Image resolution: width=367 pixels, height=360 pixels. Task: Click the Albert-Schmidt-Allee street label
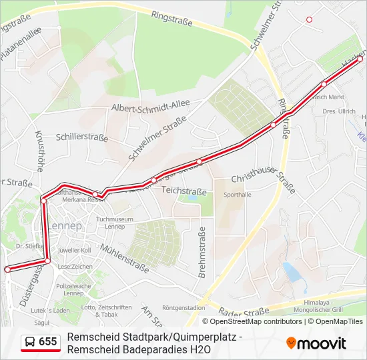[151, 107]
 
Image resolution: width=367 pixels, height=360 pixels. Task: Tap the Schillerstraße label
[82, 137]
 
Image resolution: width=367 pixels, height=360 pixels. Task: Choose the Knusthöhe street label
[39, 151]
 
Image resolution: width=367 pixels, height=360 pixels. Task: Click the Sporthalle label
[238, 195]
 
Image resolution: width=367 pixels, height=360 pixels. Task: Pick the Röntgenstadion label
[183, 308]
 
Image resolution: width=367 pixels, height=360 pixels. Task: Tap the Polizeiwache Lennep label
[73, 289]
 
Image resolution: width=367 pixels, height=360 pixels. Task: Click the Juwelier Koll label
[74, 250]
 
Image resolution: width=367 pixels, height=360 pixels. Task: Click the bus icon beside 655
[30, 342]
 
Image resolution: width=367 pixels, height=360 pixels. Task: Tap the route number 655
[48, 342]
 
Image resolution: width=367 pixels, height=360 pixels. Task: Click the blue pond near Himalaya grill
[292, 271]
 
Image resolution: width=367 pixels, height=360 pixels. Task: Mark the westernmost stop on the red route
[7, 269]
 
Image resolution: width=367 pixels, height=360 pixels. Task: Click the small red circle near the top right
[309, 20]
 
